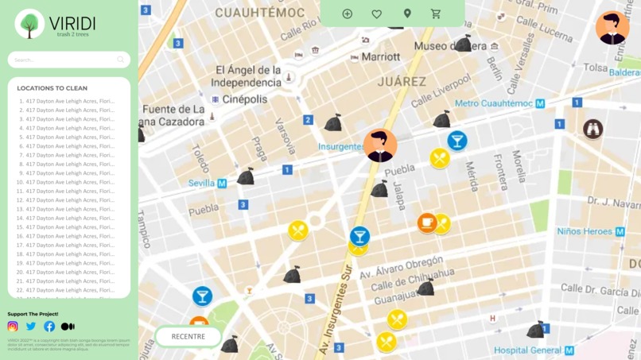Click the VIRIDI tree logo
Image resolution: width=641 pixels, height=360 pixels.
click(29, 25)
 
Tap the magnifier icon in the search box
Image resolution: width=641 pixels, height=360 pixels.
click(121, 60)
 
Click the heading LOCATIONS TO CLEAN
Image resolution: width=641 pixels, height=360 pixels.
click(52, 88)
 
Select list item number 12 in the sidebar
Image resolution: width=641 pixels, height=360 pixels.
click(67, 200)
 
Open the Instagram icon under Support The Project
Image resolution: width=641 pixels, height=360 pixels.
click(13, 326)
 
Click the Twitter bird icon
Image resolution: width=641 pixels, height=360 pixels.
click(31, 326)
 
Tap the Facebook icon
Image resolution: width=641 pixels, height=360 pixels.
click(49, 326)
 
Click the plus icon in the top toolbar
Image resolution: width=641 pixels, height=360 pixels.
click(348, 14)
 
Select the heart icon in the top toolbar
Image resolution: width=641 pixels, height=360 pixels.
click(377, 14)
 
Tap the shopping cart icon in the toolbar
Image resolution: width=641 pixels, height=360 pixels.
click(436, 14)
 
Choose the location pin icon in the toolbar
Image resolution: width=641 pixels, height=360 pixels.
click(407, 14)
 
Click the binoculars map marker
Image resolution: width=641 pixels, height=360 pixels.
click(592, 129)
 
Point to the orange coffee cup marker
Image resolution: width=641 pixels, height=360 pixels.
click(427, 222)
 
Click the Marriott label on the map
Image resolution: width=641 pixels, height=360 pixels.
click(380, 57)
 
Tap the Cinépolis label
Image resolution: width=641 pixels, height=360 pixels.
click(244, 99)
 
